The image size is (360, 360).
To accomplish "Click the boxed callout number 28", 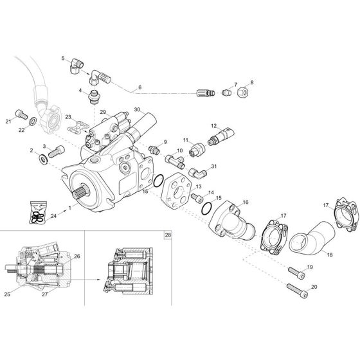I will point(168,235).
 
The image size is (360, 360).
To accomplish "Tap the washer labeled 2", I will point(39,158).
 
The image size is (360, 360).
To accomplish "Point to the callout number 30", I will point(138,110).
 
